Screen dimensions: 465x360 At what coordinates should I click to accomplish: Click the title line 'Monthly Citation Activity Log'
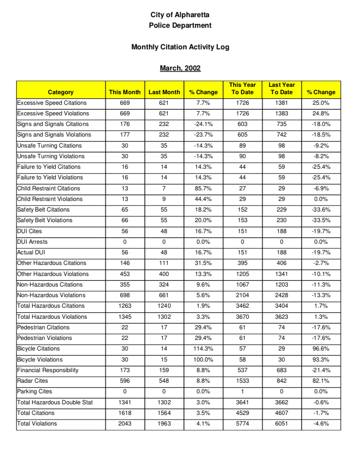click(180, 47)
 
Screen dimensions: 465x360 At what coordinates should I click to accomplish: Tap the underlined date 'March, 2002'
click(180, 68)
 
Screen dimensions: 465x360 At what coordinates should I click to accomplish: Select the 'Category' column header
click(61, 92)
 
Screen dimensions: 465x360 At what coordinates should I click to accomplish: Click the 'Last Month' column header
click(164, 92)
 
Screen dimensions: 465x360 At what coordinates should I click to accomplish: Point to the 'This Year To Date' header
click(242, 88)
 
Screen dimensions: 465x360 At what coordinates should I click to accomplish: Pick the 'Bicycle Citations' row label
click(38, 348)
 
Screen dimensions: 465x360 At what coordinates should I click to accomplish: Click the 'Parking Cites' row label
click(35, 391)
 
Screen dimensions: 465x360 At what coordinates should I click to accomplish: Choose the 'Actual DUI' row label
click(31, 252)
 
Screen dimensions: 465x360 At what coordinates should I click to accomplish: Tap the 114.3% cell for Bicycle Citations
click(203, 348)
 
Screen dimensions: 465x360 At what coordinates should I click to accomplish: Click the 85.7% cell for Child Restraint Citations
click(203, 188)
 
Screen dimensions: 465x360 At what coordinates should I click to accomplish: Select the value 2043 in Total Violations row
click(125, 423)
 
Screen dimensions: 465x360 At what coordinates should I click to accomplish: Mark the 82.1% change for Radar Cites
click(321, 381)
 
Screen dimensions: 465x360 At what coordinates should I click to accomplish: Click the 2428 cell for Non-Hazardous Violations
click(281, 295)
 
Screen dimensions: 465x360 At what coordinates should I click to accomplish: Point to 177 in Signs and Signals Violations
click(125, 134)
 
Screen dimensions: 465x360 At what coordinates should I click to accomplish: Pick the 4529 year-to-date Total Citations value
click(242, 413)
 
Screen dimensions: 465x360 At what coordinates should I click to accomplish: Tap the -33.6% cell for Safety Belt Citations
click(321, 209)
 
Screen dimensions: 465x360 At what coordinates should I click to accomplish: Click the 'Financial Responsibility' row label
click(48, 370)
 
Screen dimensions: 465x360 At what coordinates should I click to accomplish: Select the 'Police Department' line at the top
click(180, 25)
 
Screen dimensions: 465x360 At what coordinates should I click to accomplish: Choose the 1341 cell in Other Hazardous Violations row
click(281, 274)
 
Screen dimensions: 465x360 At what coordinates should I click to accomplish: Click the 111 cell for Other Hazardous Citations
click(164, 263)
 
